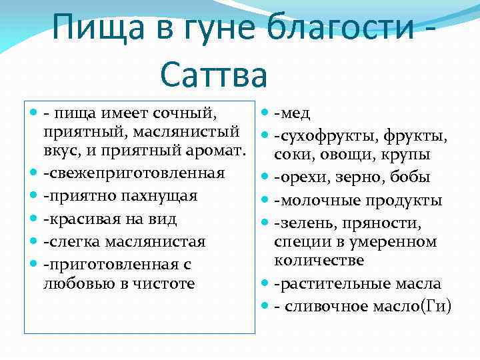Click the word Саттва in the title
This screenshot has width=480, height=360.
tap(213, 73)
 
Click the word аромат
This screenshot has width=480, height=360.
tap(213, 153)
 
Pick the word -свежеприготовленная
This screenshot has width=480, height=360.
tap(133, 174)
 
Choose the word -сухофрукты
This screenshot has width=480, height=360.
tap(327, 136)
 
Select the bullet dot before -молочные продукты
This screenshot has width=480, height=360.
tap(267, 200)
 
